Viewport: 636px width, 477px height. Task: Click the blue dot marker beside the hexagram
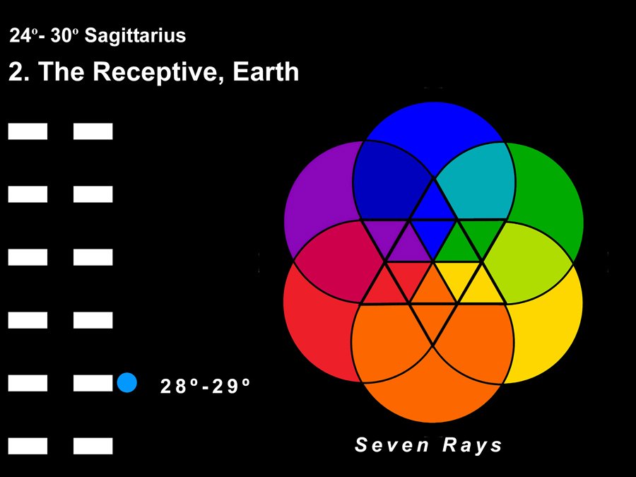(x=127, y=382)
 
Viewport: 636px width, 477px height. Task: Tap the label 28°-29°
(x=205, y=386)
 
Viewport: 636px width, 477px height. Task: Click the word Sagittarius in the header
(x=135, y=36)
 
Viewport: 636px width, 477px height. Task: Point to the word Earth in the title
(x=266, y=71)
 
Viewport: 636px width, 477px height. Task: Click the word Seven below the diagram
(x=391, y=444)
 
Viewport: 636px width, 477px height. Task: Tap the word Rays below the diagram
(x=472, y=445)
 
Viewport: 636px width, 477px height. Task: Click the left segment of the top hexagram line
(x=28, y=131)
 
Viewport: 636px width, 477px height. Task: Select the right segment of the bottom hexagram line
(x=93, y=446)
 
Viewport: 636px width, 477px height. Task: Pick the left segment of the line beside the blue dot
(x=28, y=383)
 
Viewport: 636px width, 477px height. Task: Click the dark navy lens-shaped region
(x=389, y=180)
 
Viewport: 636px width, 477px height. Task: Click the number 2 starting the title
(x=17, y=72)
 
